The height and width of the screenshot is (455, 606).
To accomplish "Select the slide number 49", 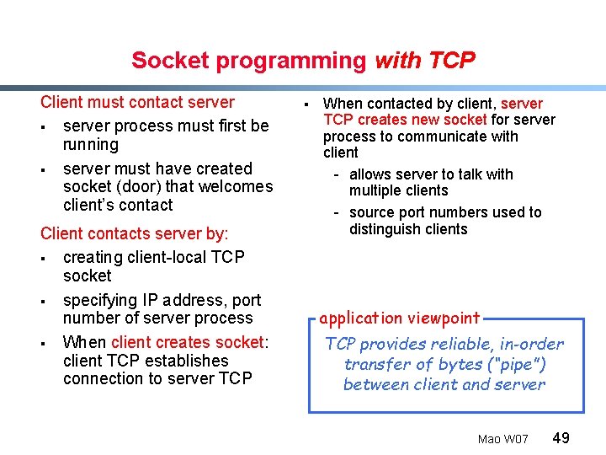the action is coord(561,437).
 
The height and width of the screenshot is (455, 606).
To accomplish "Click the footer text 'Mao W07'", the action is coord(502,439).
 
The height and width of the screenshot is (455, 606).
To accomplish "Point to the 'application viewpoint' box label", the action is coord(399,318).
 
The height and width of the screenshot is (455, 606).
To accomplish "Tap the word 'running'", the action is coord(91,144).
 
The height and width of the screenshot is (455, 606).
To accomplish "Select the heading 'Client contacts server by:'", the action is coord(135,233).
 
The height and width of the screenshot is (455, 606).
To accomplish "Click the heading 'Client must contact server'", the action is coord(137,102).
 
